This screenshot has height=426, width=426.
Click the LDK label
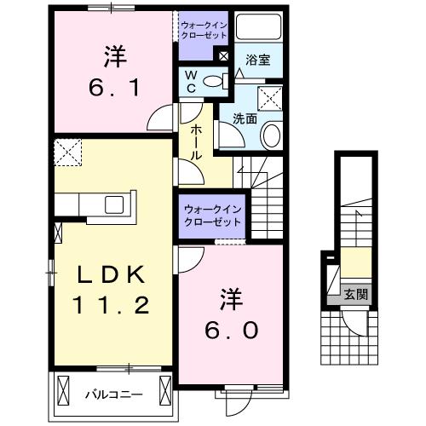click(x=111, y=275)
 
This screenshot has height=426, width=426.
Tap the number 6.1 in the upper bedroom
click(x=114, y=88)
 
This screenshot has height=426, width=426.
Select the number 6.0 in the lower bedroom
click(x=232, y=330)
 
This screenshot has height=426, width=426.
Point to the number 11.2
click(x=111, y=304)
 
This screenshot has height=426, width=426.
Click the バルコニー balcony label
click(x=114, y=394)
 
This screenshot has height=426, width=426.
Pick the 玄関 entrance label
click(x=356, y=295)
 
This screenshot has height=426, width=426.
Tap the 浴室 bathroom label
click(x=258, y=60)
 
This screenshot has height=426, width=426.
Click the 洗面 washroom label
click(x=245, y=118)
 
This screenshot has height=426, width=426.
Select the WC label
click(x=191, y=82)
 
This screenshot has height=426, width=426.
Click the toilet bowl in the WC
click(x=213, y=82)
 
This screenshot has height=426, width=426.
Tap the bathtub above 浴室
click(x=258, y=27)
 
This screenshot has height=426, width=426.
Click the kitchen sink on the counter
click(x=114, y=204)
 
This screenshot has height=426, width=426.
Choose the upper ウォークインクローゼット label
click(x=204, y=31)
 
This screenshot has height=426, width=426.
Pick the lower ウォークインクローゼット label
click(x=212, y=216)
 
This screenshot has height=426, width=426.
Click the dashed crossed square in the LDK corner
click(x=68, y=153)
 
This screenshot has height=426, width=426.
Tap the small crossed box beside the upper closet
click(x=224, y=56)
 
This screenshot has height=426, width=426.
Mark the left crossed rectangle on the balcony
click(x=63, y=389)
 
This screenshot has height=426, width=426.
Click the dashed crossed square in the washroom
click(x=270, y=99)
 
